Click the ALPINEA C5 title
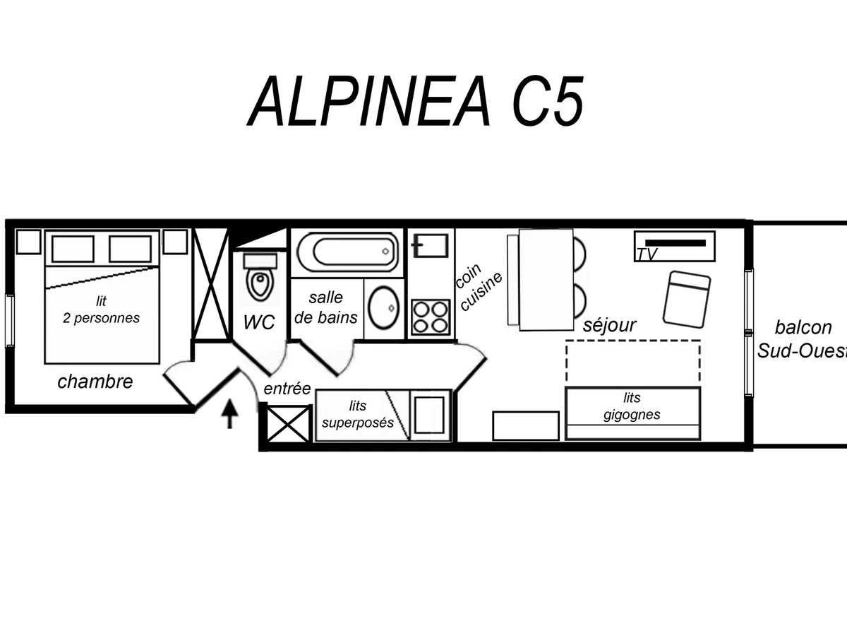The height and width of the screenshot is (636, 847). (x=416, y=100)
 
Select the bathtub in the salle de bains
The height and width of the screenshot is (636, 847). (x=346, y=251)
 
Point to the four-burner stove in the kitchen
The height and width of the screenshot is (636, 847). (x=431, y=317)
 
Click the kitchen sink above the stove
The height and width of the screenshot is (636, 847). (x=431, y=246)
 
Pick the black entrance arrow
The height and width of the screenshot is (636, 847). (x=229, y=414)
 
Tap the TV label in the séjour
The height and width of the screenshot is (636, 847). (x=646, y=255)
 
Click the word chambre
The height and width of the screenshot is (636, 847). (x=95, y=382)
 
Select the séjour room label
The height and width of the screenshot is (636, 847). (x=609, y=325)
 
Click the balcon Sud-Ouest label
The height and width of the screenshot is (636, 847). (x=801, y=338)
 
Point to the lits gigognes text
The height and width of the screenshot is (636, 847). (x=632, y=406)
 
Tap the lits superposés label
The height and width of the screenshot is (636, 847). (x=357, y=415)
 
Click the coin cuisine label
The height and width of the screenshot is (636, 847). (x=479, y=288)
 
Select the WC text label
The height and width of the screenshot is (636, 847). (x=259, y=322)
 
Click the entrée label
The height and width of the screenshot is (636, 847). (x=287, y=388)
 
